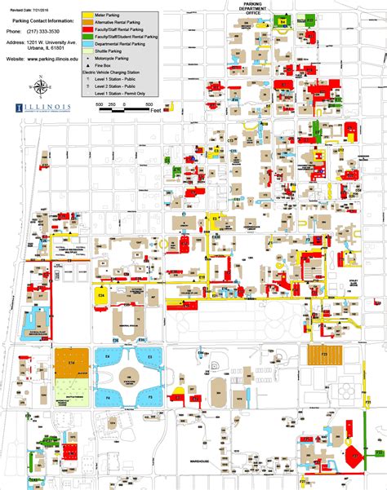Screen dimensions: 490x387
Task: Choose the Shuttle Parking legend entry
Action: (x=114, y=50)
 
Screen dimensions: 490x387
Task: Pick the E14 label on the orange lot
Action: (x=72, y=362)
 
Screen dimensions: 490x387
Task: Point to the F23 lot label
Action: (x=323, y=355)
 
